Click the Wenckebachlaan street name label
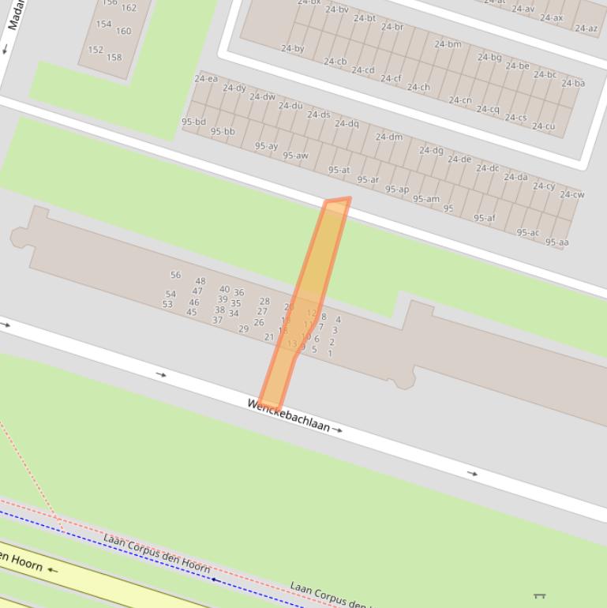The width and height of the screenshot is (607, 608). click(288, 415)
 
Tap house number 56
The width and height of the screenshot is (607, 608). click(175, 275)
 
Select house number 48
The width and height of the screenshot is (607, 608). click(200, 281)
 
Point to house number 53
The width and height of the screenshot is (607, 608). click(167, 304)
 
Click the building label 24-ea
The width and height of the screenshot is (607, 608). click(206, 79)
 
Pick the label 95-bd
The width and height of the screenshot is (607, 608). click(193, 122)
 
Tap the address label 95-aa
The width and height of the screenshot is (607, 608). click(556, 242)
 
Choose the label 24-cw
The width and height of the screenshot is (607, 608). click(572, 194)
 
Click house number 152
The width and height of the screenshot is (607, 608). click(96, 49)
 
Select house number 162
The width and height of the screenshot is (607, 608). click(129, 8)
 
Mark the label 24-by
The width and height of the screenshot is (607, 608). click(293, 48)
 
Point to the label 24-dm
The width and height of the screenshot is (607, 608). click(389, 137)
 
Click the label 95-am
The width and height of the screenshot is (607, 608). click(426, 199)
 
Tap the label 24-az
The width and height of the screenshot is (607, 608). click(586, 28)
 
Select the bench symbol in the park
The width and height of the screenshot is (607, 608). click(540, 595)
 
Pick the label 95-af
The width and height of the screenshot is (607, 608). click(485, 218)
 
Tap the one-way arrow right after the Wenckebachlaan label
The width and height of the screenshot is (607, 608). click(338, 430)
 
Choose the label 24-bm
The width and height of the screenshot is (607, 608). click(448, 44)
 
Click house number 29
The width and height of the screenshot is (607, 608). click(243, 328)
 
